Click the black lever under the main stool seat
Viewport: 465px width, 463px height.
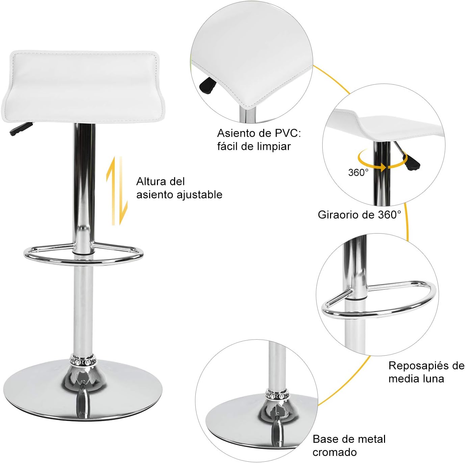coord(21,128)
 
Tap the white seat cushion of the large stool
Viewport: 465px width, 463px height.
coord(83,86)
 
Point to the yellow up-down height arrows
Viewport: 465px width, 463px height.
coord(116,191)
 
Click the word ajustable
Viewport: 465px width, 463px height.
coord(199,195)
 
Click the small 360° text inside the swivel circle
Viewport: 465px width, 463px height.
coord(358,172)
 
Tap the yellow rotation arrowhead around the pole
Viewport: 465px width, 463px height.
coord(382,166)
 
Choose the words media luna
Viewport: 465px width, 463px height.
coord(416,379)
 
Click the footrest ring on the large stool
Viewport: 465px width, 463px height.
coord(83,262)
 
